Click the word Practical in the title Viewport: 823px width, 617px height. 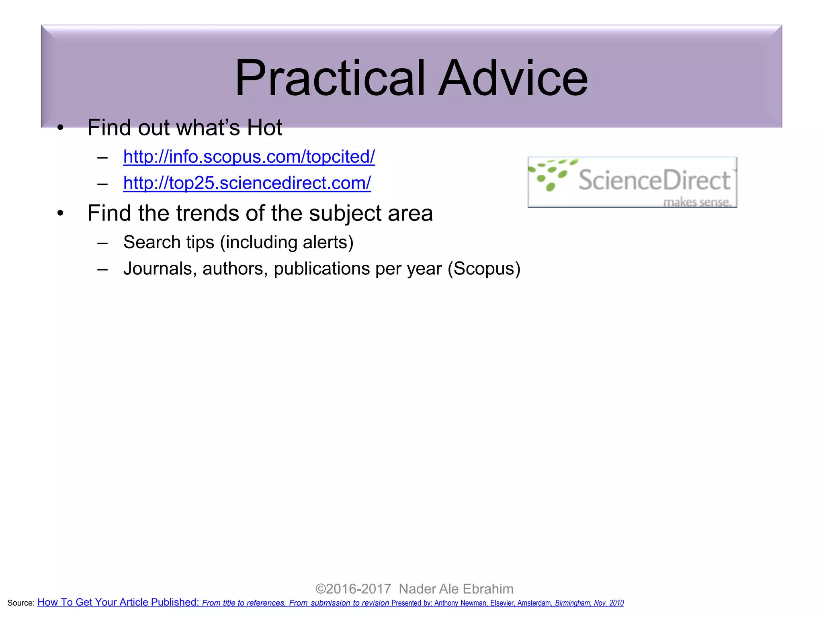coord(330,78)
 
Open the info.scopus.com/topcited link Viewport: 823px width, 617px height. coord(249,157)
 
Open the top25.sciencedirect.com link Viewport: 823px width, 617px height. coord(247,183)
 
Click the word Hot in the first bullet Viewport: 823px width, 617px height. coord(264,128)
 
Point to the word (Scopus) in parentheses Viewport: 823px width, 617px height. coord(484,269)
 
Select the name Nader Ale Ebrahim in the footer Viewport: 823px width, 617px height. coord(456,589)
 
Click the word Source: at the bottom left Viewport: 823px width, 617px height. coord(21,603)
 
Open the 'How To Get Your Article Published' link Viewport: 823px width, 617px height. coord(118,602)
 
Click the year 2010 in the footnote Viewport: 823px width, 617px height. coord(616,603)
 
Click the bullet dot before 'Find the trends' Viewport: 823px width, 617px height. coord(60,213)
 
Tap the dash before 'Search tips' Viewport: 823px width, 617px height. coord(102,243)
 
